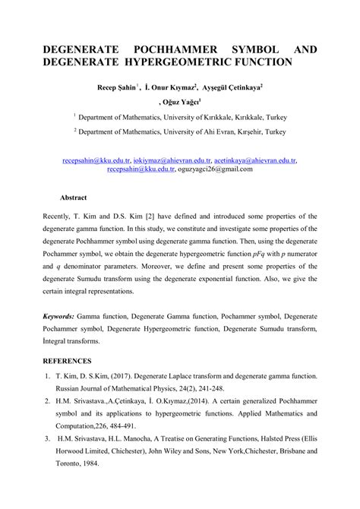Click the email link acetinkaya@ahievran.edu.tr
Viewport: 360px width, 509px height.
(254, 161)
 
